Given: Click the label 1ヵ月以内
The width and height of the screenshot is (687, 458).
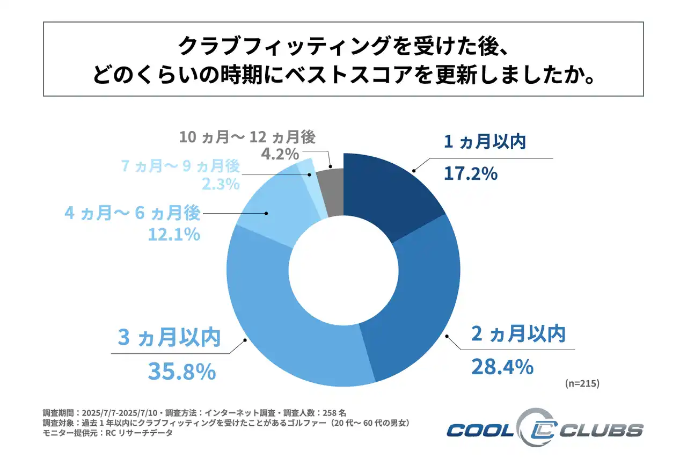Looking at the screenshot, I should pyautogui.click(x=484, y=142).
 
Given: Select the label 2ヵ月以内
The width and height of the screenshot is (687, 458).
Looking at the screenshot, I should pyautogui.click(x=518, y=334).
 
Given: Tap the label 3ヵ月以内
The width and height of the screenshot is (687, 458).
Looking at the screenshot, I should pyautogui.click(x=169, y=339).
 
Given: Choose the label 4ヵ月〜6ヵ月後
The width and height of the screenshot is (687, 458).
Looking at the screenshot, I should pyautogui.click(x=133, y=213).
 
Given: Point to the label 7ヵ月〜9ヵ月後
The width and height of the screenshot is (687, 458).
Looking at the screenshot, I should pyautogui.click(x=180, y=166).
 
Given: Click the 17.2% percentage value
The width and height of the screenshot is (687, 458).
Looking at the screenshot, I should pyautogui.click(x=471, y=173).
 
